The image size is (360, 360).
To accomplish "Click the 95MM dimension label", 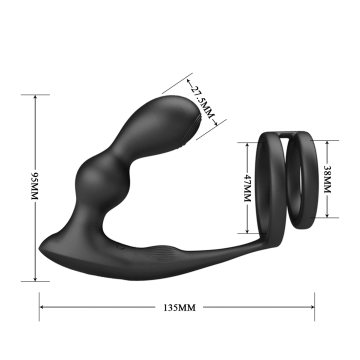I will click(35, 187).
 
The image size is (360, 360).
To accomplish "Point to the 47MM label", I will click(247, 187).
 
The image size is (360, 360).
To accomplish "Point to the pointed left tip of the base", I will click(41, 248).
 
